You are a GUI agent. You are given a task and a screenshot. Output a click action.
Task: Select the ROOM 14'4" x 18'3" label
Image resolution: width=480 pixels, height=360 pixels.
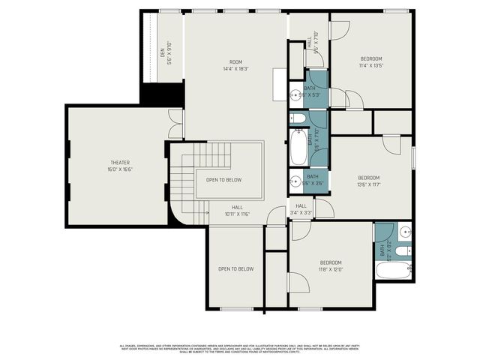(236, 65)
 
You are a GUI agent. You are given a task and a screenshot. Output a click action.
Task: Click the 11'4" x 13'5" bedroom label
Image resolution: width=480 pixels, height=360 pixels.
(370, 62)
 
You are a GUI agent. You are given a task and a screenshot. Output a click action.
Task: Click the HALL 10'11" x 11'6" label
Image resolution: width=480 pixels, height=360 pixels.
(236, 210)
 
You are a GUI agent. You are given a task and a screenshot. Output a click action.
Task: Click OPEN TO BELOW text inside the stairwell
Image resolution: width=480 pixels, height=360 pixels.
(223, 180)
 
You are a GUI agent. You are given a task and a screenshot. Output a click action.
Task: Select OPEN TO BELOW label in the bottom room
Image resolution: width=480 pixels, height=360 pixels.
(235, 268)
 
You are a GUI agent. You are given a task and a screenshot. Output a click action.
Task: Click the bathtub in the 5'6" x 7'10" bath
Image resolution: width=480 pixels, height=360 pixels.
(298, 147)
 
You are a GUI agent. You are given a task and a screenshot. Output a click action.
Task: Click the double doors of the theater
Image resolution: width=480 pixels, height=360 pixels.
(175, 124)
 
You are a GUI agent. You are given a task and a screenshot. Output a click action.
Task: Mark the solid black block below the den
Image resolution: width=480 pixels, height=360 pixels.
(163, 94)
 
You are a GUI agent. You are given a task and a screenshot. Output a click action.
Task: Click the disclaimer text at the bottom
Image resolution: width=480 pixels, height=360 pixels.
(239, 349)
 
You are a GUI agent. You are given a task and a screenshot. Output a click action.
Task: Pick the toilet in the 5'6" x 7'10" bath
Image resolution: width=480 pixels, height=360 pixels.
(298, 118)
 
